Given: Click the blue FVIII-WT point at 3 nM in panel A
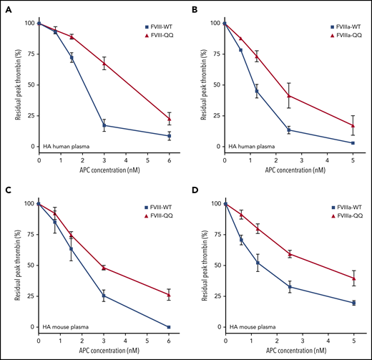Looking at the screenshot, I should coord(105,125).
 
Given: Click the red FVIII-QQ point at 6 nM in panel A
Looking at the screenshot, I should coord(170,119).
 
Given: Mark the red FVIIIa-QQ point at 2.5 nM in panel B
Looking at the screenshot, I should coord(289,95).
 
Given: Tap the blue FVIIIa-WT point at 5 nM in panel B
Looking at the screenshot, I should coord(353,143).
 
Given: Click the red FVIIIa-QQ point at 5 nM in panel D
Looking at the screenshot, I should coord(353,278).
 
